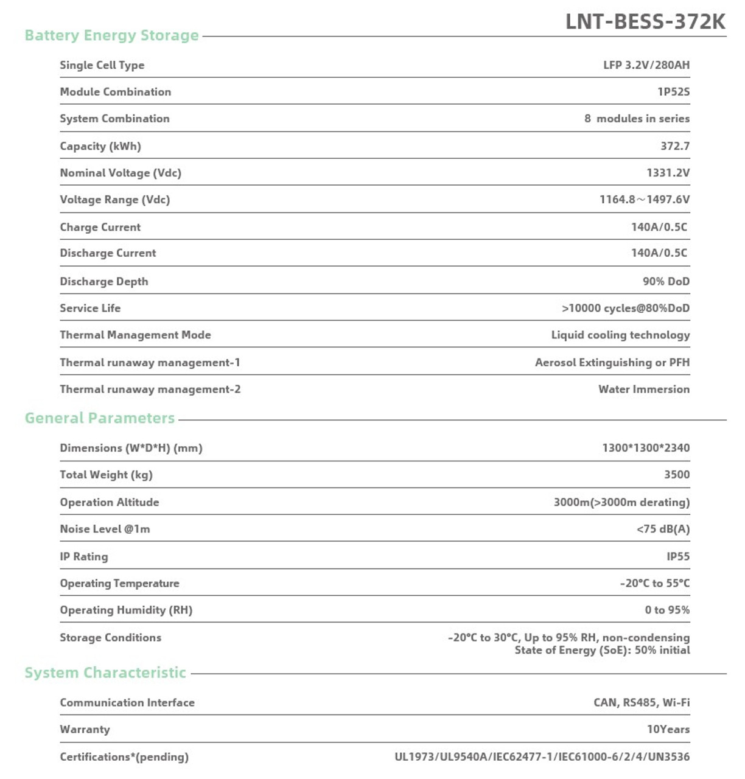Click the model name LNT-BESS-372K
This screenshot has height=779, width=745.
pyautogui.click(x=645, y=21)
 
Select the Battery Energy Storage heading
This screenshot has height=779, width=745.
pyautogui.click(x=111, y=35)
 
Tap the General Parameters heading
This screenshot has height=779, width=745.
pyautogui.click(x=100, y=418)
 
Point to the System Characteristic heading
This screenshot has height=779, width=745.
pyautogui.click(x=105, y=672)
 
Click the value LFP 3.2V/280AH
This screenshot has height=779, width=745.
pyautogui.click(x=646, y=65)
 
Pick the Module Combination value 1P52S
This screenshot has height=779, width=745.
pyautogui.click(x=673, y=92)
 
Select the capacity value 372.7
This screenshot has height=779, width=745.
pyautogui.click(x=675, y=146)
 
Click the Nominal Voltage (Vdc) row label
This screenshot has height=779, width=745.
pyautogui.click(x=121, y=173)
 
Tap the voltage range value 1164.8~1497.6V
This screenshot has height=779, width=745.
pyautogui.click(x=645, y=200)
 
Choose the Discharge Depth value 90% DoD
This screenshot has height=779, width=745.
pyautogui.click(x=666, y=281)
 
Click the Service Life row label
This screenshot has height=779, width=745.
pyautogui.click(x=90, y=308)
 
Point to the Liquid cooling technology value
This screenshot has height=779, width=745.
pyautogui.click(x=620, y=335)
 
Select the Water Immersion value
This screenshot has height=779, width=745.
pyautogui.click(x=644, y=389)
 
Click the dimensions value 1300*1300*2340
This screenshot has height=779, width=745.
pyautogui.click(x=646, y=448)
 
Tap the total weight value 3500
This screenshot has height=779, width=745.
pyautogui.click(x=677, y=475)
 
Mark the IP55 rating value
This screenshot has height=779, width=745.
pyautogui.click(x=678, y=556)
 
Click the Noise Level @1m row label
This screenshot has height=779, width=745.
pyautogui.click(x=105, y=529)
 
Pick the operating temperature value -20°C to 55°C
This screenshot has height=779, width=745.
pyautogui.click(x=655, y=583)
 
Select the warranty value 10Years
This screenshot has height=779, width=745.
pyautogui.click(x=668, y=729)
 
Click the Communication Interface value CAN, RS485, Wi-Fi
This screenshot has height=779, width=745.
pyautogui.click(x=642, y=702)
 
